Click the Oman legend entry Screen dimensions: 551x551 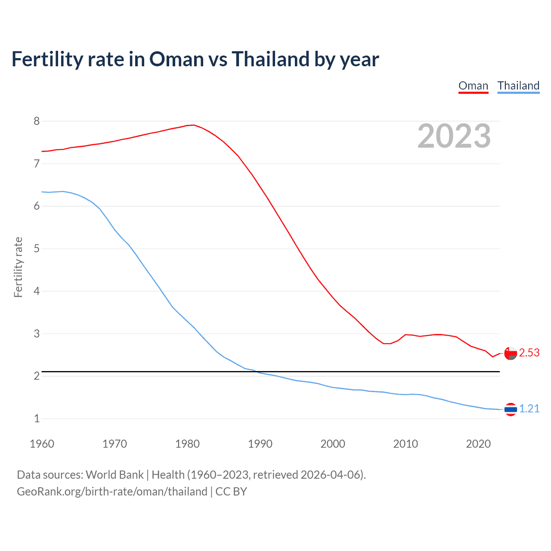[x=473, y=86]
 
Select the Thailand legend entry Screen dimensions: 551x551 [x=518, y=86]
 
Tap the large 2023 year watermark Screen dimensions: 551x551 [x=454, y=136]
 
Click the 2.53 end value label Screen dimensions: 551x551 [x=529, y=353]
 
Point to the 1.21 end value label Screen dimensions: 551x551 [x=529, y=409]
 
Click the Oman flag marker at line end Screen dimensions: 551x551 [x=511, y=353]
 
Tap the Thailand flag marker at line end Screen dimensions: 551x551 [x=511, y=409]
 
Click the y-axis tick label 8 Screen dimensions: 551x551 [x=37, y=121]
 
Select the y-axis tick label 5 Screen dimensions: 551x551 [x=37, y=249]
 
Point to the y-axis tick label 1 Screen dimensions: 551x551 [x=37, y=418]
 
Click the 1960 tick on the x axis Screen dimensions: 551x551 [x=42, y=444]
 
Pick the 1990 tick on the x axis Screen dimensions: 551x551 [x=260, y=444]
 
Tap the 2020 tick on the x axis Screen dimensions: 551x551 [x=478, y=444]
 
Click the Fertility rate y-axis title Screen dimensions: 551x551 [x=18, y=267]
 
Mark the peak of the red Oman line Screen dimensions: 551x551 [x=194, y=125]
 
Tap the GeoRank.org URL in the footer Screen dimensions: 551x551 [x=112, y=492]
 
